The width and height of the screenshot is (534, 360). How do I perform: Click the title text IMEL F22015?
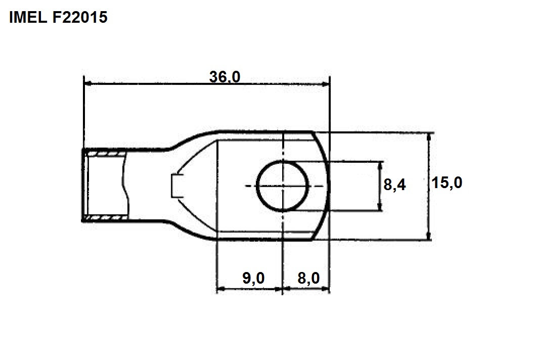pyautogui.click(x=58, y=17)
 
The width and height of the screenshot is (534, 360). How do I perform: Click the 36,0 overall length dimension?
pyautogui.click(x=225, y=77)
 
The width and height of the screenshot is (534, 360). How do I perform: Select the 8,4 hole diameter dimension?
pyautogui.click(x=395, y=185)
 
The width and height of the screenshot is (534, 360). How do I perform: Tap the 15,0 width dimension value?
pyautogui.click(x=447, y=183)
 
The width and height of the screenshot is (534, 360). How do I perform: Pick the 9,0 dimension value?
pyautogui.click(x=253, y=278)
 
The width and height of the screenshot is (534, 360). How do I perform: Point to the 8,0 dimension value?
pyautogui.click(x=308, y=278)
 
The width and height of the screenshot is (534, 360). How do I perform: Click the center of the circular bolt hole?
pyautogui.click(x=282, y=186)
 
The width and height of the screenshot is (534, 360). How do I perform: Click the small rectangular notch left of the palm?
pyautogui.click(x=177, y=186)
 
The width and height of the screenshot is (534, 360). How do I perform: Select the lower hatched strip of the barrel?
pyautogui.click(x=106, y=217)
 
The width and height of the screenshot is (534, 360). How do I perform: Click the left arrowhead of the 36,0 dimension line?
pyautogui.click(x=88, y=83)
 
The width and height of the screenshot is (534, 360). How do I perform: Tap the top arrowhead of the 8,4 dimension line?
pyautogui.click(x=380, y=165)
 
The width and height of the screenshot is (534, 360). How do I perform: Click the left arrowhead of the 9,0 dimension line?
pyautogui.click(x=221, y=289)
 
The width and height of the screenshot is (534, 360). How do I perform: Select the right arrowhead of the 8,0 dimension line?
pyautogui.click(x=325, y=289)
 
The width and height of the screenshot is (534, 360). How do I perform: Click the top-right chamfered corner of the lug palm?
pyautogui.click(x=313, y=131)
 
